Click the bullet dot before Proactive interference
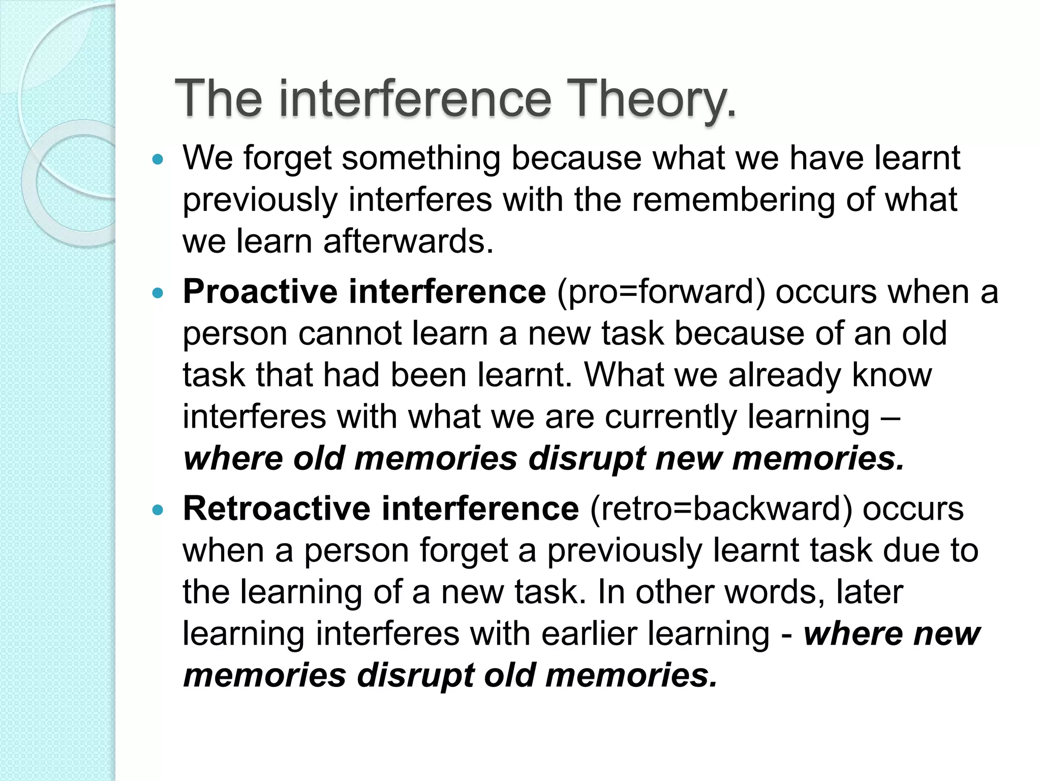click(159, 293)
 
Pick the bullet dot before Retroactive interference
click(159, 510)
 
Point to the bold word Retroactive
click(277, 508)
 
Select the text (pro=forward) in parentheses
click(661, 292)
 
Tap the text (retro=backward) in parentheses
click(721, 508)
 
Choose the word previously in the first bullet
click(260, 201)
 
